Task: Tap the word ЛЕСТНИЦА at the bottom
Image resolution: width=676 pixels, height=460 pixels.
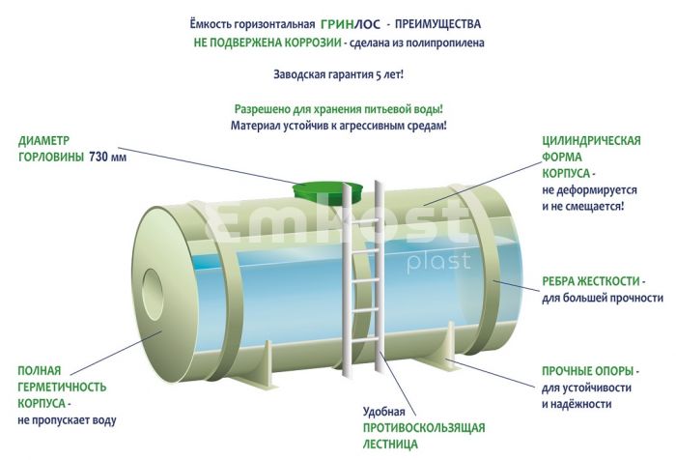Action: pyautogui.click(x=391, y=444)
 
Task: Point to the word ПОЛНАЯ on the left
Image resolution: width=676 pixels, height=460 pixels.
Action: pyautogui.click(x=40, y=370)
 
